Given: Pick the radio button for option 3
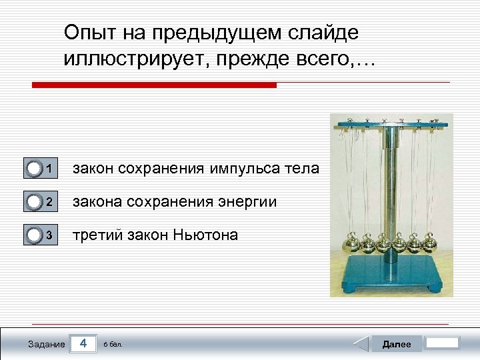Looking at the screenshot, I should point(35,235).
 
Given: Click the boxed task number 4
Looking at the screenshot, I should point(83,343).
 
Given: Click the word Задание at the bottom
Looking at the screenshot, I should point(47,344).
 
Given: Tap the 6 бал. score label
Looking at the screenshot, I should point(113,345).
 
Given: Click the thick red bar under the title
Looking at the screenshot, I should point(154,85).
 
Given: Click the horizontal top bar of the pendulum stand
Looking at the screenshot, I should point(391,124).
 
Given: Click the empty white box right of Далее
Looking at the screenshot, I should point(443,343).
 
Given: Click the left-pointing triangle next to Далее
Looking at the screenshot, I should point(360,344).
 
